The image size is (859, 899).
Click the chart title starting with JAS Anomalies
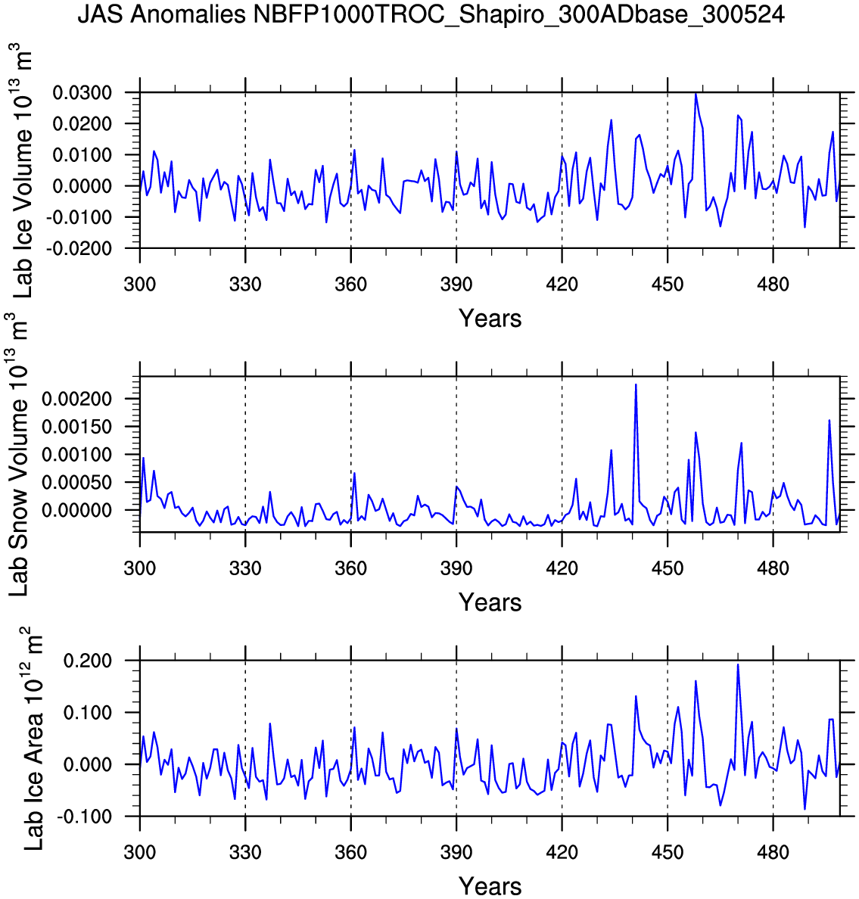pyautogui.click(x=431, y=14)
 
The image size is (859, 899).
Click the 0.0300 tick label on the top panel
pyautogui.click(x=82, y=93)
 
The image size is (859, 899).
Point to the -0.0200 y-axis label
pyautogui.click(x=80, y=248)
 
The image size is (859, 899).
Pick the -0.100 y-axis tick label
pyautogui.click(x=89, y=817)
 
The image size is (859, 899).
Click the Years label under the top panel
pyautogui.click(x=490, y=319)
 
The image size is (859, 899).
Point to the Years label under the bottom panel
pyautogui.click(x=490, y=886)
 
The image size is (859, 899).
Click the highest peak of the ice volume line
pyautogui.click(x=696, y=94)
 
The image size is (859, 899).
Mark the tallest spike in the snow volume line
pyautogui.click(x=636, y=384)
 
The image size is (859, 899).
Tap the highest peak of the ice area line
pyautogui.click(x=738, y=664)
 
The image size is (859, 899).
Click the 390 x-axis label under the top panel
pyautogui.click(x=456, y=285)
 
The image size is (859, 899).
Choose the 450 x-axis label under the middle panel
pyautogui.click(x=667, y=569)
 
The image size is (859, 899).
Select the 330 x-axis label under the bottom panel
pyautogui.click(x=245, y=853)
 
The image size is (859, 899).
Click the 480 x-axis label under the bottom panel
pyautogui.click(x=773, y=853)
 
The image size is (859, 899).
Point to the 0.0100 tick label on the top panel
pyautogui.click(x=82, y=155)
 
